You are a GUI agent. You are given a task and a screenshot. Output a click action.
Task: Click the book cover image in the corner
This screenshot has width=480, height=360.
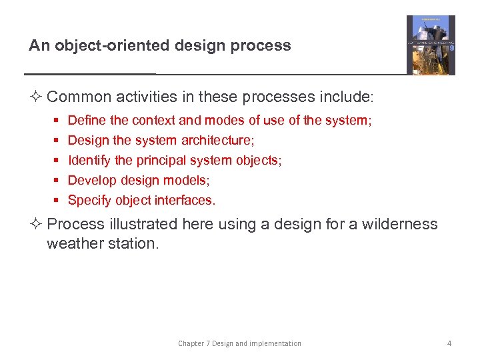pos(431,45)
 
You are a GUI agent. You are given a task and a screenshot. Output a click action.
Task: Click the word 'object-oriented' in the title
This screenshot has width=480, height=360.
pos(108,45)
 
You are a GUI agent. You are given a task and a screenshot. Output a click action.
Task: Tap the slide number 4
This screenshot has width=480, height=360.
pos(449,343)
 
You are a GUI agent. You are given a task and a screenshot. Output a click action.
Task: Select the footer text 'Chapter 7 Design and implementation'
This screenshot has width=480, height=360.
pos(239,343)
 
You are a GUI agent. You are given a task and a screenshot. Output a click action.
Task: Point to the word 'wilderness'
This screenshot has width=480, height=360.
pos(399,223)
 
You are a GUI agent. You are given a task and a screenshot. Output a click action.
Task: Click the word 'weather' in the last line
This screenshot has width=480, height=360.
pos(73,243)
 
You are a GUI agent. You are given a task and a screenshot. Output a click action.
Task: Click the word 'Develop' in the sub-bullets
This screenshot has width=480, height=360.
pos(91,180)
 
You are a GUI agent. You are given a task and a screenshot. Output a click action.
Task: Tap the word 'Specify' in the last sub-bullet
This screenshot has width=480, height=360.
pos(89,200)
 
